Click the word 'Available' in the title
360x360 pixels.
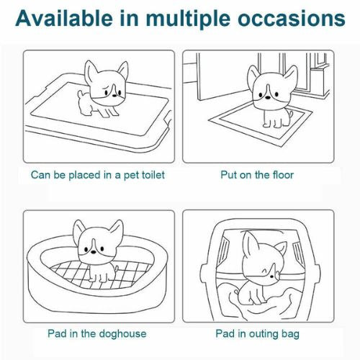pyautogui.click(x=64, y=18)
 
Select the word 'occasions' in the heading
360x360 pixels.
pyautogui.click(x=292, y=19)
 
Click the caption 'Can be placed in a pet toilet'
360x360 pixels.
pyautogui.click(x=98, y=175)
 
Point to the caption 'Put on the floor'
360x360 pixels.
pyautogui.click(x=257, y=174)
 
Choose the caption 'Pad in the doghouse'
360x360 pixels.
pyautogui.click(x=97, y=333)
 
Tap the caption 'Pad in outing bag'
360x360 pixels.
pyautogui.click(x=257, y=334)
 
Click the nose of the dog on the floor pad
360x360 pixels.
pyautogui.click(x=267, y=97)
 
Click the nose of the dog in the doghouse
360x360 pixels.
pyautogui.click(x=93, y=252)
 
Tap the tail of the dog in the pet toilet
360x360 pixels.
pyautogui.click(x=81, y=94)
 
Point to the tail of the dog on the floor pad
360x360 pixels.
pyautogui.click(x=291, y=114)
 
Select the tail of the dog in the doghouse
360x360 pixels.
pyautogui.click(x=116, y=268)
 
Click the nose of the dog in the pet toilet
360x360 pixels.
pyautogui.click(x=114, y=96)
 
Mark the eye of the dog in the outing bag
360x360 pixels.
pyautogui.click(x=271, y=276)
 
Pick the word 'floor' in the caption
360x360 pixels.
pyautogui.click(x=283, y=174)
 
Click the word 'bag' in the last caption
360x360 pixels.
pyautogui.click(x=290, y=334)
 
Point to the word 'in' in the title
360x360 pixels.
pyautogui.click(x=130, y=18)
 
